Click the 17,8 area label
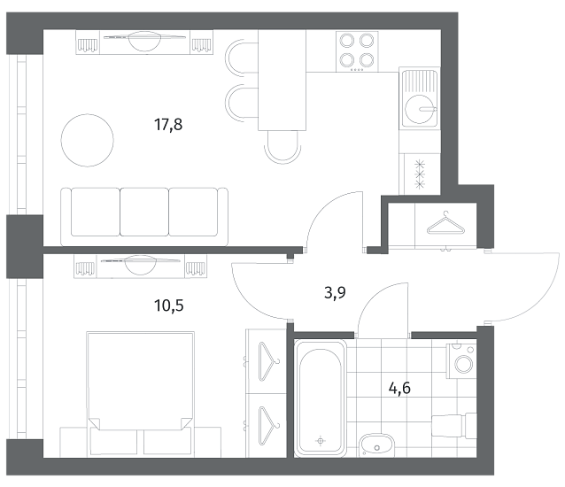point(168,125)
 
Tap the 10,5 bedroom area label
point(169,305)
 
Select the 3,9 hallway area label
point(335,292)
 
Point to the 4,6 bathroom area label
point(399,389)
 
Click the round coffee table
point(87,140)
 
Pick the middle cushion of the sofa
point(144,212)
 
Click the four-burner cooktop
point(357,51)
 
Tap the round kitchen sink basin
point(419,109)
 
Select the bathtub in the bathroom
point(321,398)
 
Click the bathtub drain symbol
point(321,441)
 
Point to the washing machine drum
point(464,364)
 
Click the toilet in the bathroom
point(454,425)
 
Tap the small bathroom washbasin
point(376,445)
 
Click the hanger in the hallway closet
point(445,223)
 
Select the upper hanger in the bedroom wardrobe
point(268,361)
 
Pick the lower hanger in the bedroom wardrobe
point(268,425)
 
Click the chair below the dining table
point(282,147)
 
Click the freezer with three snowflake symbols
point(420,174)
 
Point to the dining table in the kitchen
point(282,80)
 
